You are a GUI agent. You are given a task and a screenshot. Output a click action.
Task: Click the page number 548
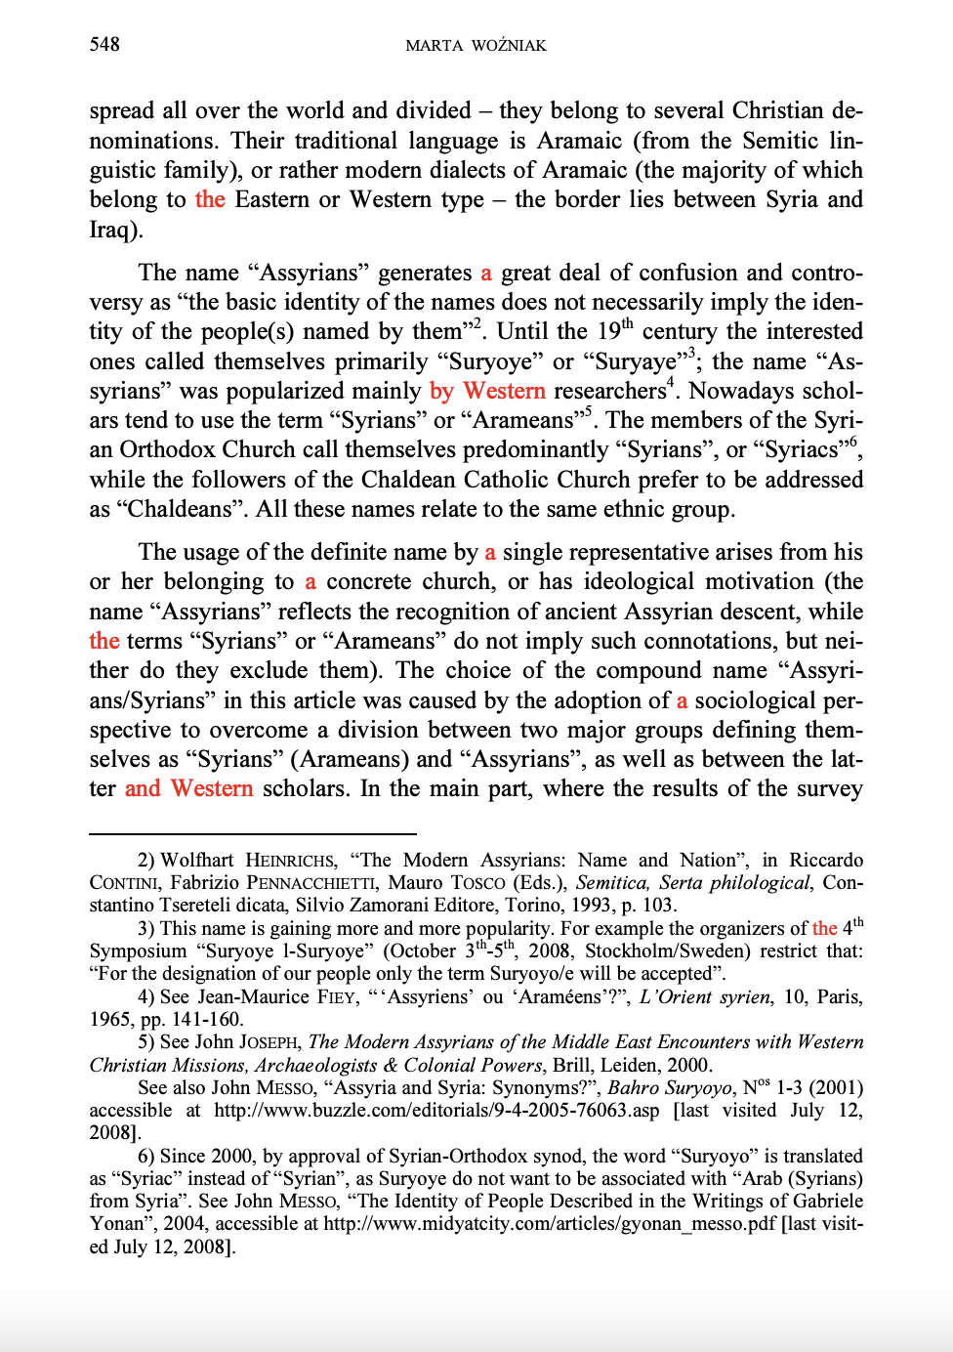[x=104, y=44]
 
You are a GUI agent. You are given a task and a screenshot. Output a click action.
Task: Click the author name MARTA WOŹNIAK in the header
[x=476, y=45]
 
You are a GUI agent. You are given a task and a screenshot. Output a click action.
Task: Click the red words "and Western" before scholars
[x=188, y=788]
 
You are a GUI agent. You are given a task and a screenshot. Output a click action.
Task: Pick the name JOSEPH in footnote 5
[x=269, y=1042]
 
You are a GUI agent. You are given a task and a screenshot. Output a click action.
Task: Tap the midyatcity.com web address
[x=550, y=1223]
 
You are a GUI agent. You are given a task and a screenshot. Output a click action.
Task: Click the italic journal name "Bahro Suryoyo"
[x=669, y=1087]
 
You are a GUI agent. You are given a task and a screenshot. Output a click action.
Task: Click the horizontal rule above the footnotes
[x=252, y=833]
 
